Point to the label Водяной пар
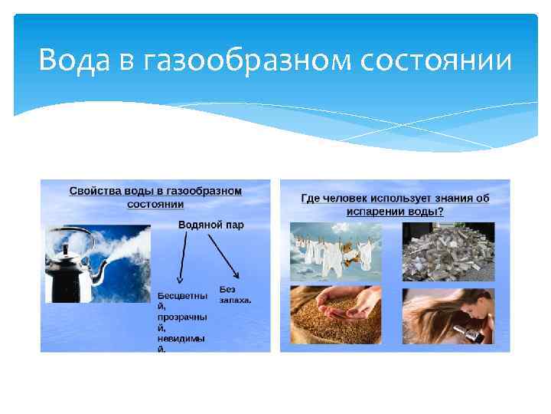pos(205,225)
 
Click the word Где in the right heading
pos(310,199)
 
